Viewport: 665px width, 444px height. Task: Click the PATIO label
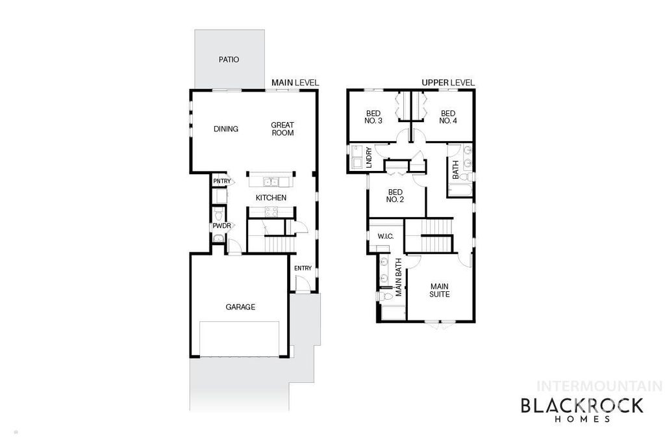228,60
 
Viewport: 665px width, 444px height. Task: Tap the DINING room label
226,129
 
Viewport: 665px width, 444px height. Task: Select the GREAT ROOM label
282,129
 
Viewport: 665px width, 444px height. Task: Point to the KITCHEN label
271,198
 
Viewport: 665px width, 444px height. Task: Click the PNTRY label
221,181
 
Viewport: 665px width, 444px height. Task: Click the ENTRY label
303,268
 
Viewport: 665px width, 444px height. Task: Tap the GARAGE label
240,307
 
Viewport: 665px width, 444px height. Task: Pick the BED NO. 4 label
447,117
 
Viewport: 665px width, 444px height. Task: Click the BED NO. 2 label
395,196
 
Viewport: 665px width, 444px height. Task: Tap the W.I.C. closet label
386,236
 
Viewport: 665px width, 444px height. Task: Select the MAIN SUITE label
440,289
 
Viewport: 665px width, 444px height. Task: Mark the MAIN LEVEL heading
295,83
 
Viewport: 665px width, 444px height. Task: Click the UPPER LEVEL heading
448,83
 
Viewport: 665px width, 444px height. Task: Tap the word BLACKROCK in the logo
582,406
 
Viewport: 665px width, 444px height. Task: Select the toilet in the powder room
219,215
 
